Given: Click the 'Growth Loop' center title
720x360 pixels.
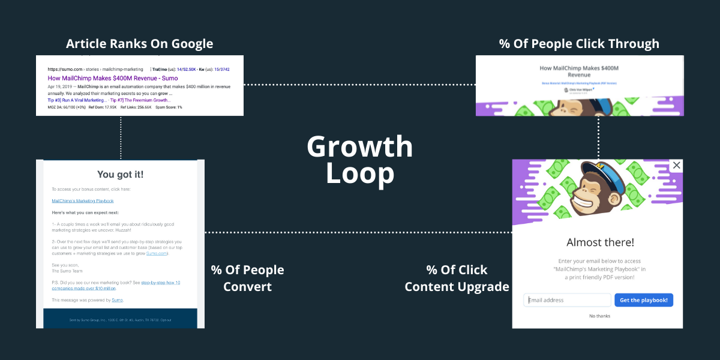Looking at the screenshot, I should coord(360,159).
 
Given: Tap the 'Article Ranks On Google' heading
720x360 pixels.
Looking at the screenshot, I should coord(139,44).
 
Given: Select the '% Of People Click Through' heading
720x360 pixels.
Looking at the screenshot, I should coord(579,44).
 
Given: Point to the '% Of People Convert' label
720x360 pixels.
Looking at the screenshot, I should coord(247,278).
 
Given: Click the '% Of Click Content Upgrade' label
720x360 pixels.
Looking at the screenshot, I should coord(457,278).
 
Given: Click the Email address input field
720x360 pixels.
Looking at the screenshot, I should coord(567,300).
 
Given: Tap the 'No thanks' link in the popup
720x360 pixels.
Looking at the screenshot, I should coord(599,316).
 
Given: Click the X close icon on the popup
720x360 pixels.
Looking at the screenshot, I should coord(677,165).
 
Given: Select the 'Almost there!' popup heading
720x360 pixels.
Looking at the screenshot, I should coord(600,242).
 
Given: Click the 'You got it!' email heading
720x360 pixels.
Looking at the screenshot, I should coord(121,175).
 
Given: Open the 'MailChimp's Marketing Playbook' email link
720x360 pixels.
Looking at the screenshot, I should coord(83,201).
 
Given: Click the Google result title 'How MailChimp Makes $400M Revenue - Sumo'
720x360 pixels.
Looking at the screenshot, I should coord(113,78).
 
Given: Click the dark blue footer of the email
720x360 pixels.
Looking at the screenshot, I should coord(121,318).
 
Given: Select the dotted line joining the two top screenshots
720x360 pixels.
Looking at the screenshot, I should coord(360,85).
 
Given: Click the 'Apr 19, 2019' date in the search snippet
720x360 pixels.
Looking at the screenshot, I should coord(61,86).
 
